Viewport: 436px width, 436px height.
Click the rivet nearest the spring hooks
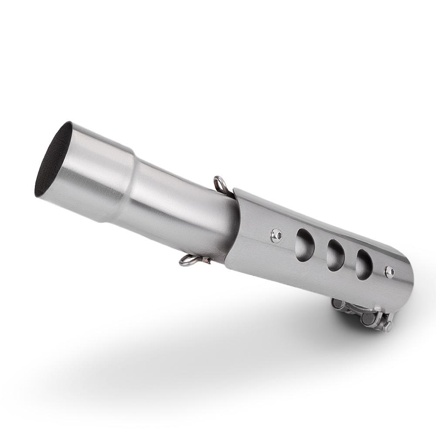pos(276,235)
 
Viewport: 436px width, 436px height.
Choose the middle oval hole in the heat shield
pos(335,255)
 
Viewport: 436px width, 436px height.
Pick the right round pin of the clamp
pos(368,318)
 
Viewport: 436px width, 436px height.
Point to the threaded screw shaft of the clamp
pos(355,310)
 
